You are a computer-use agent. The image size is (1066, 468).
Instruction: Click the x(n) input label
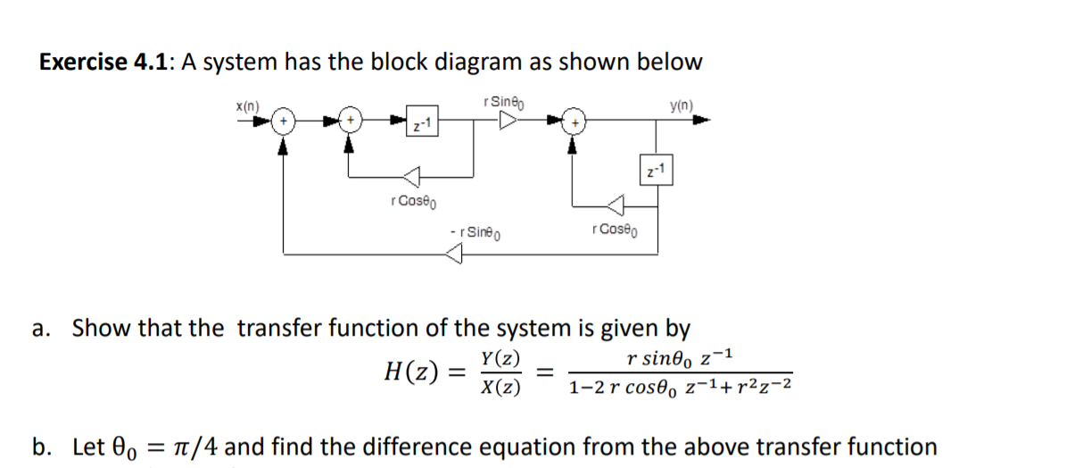pyautogui.click(x=247, y=105)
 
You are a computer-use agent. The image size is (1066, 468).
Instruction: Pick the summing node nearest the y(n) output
pyautogui.click(x=576, y=121)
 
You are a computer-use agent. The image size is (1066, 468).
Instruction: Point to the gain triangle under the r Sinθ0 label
pyautogui.click(x=505, y=120)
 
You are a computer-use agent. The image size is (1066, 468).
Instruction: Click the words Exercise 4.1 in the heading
pyautogui.click(x=106, y=63)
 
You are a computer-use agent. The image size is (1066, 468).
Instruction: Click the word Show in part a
pyautogui.click(x=100, y=328)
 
